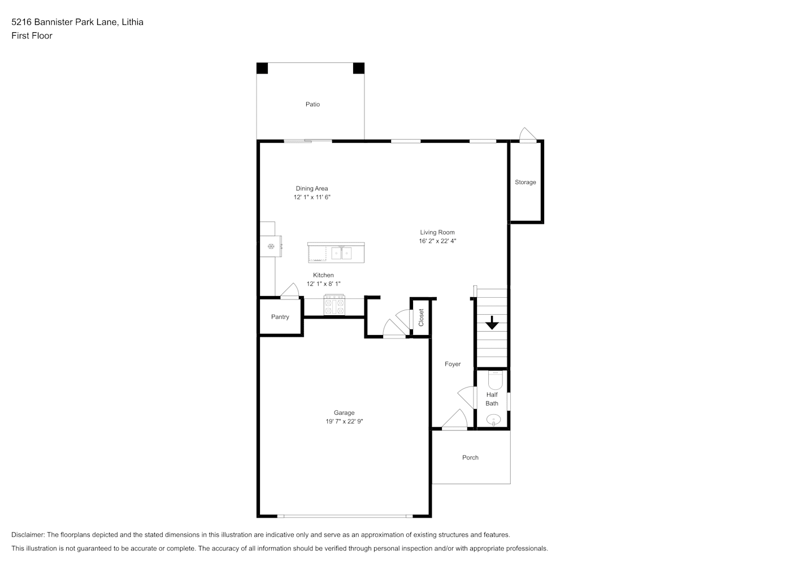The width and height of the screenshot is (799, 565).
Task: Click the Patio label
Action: [312, 104]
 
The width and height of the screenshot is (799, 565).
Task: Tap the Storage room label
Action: [525, 182]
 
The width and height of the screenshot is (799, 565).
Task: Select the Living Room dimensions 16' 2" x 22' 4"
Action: [437, 241]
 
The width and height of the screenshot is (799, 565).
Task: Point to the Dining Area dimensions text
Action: [312, 197]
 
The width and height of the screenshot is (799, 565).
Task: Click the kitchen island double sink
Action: [341, 253]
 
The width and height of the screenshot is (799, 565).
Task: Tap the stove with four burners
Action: [334, 305]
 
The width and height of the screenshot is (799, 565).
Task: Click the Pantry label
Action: [280, 317]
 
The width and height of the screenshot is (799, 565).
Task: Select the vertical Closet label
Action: [421, 318]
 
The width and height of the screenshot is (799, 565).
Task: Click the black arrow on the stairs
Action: [492, 323]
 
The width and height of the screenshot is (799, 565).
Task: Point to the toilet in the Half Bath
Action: [495, 380]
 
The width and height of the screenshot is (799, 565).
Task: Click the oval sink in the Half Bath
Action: [494, 420]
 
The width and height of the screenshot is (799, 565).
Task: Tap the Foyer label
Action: [453, 364]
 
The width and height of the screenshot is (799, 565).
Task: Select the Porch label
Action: [470, 458]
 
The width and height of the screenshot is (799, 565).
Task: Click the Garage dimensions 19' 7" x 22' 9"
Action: [344, 421]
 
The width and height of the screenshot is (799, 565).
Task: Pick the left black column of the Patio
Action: [262, 68]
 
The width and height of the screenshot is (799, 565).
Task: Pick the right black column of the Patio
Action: [359, 68]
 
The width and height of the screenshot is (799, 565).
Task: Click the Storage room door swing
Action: [528, 135]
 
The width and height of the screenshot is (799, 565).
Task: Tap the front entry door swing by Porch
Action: [454, 419]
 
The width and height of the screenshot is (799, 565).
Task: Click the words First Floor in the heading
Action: [32, 36]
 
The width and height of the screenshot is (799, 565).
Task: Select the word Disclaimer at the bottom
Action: [28, 534]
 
